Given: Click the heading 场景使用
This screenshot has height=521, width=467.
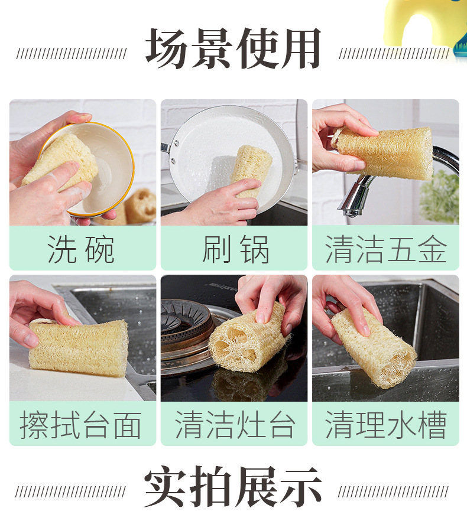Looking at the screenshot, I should click(x=233, y=50).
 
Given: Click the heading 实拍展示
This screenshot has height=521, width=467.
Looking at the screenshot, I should click(x=233, y=488).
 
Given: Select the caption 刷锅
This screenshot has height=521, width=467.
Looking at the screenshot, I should click(x=235, y=249).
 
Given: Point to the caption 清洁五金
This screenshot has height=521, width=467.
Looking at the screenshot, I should click(x=385, y=249).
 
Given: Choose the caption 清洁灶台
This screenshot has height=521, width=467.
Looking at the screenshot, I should click(x=235, y=425).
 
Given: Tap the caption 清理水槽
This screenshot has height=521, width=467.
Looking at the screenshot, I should click(x=385, y=425).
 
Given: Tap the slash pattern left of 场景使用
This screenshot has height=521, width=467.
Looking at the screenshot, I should click(x=71, y=54).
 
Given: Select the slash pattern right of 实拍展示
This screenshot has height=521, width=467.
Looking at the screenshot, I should click(x=393, y=492).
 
